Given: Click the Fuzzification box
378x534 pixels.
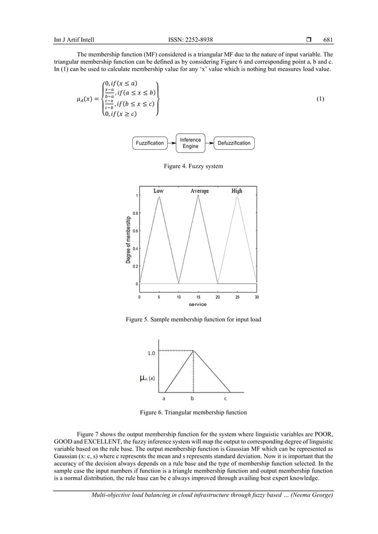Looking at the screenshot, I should coord(150,143).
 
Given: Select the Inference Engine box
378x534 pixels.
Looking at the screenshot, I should coord(190,143).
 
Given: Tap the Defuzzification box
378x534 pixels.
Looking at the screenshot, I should coord(233,143).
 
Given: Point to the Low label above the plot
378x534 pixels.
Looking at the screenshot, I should coord(159,191).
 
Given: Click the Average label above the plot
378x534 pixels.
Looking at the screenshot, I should coord(199,191).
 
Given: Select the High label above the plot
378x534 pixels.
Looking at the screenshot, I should coord(237,191).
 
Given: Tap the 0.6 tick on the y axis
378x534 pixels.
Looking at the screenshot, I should coord(135,231).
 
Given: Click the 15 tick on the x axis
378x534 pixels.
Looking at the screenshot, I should coord(198,297).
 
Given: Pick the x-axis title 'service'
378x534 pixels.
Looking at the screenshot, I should coord(197,304).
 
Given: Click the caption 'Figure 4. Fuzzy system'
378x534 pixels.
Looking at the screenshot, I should coord(193,166).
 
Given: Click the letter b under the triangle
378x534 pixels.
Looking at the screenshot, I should coord(192,399).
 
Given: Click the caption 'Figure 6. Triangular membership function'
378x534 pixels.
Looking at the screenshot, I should coord(193,412).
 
